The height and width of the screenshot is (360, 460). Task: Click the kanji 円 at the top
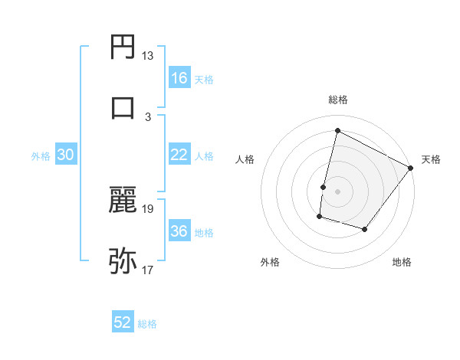point(123,47)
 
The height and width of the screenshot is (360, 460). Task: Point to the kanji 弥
point(123,260)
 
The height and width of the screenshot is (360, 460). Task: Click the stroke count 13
point(148,56)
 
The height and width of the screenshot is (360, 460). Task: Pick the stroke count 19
point(148,208)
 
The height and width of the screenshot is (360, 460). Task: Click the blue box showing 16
point(179,78)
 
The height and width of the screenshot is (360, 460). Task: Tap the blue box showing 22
point(179,155)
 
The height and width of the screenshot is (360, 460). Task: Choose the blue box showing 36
point(179,231)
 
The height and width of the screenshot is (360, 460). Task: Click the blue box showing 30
point(66,155)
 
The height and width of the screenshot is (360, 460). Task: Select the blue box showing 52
point(123,322)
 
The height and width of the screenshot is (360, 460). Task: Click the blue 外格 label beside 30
point(41,155)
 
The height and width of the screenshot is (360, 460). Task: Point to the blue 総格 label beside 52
point(147,323)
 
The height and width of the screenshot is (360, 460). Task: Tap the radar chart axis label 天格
point(431,159)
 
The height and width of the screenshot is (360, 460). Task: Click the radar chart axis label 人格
point(245,159)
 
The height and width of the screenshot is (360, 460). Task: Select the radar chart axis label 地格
point(402,262)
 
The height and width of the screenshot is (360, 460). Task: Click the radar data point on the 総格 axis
point(337,131)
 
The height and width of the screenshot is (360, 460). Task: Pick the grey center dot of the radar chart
point(337,191)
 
